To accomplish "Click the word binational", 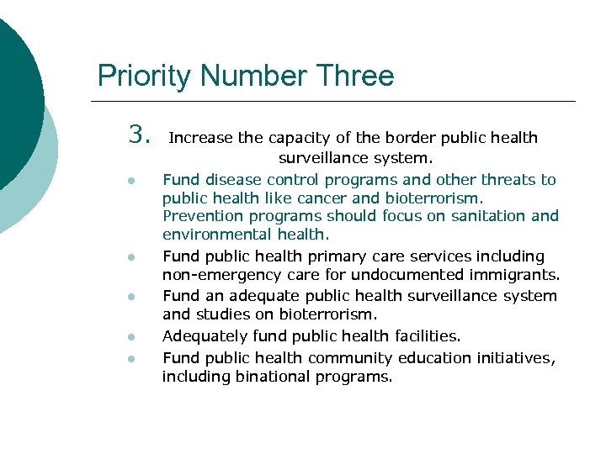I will (268, 377).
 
